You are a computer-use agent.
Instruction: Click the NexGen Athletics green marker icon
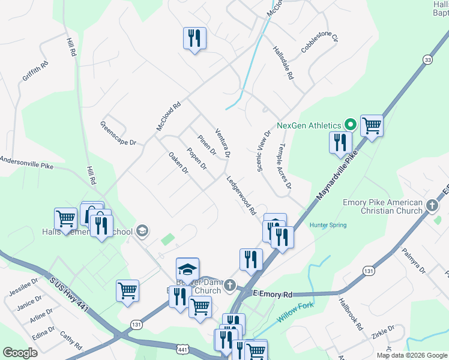pos(351,125)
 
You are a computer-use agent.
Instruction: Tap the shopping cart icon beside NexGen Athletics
pos(372,126)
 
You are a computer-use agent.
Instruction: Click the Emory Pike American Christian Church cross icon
pos(432,206)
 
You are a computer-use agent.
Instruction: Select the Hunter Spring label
pos(328,225)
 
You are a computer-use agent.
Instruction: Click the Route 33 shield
pos(427,59)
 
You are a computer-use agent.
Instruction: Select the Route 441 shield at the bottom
pos(183,349)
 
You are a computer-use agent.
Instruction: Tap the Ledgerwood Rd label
pos(242,195)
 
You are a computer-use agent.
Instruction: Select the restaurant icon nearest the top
pos(194,38)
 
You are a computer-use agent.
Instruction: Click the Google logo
pos(20,353)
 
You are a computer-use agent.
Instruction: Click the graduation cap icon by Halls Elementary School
pos(142,230)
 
